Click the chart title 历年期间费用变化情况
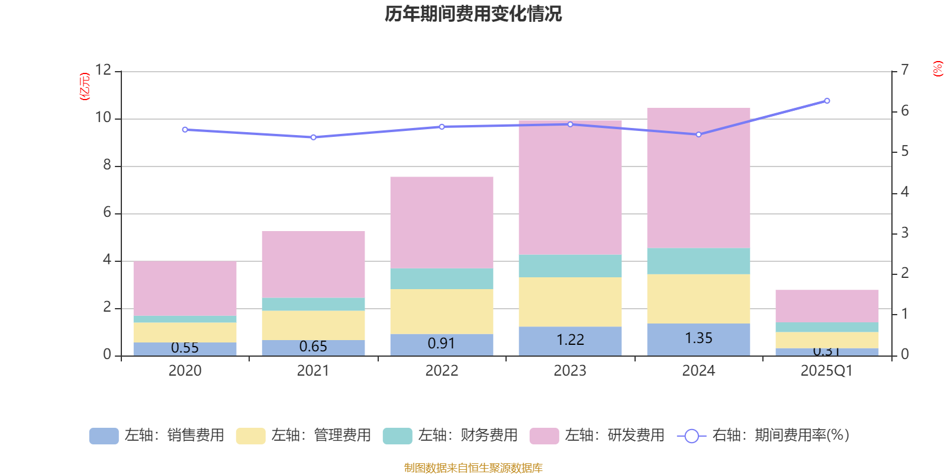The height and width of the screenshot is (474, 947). coord(473,14)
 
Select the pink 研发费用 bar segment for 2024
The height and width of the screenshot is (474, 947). coord(698,178)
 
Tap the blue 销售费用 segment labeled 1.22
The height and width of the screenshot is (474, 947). coord(570,340)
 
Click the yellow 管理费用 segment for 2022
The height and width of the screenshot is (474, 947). coord(442,311)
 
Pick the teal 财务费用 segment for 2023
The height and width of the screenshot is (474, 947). coord(570,266)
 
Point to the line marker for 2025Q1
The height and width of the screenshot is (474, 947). coord(827,101)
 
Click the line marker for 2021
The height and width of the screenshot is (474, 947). coord(313,137)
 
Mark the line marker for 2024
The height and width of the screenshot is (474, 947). coord(698,134)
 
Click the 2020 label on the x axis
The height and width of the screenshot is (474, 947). coord(185,371)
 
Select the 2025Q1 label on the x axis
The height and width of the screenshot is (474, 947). coord(826,371)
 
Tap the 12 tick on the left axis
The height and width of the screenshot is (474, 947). coord(104,70)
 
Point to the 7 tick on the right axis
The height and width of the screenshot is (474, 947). coord(904,70)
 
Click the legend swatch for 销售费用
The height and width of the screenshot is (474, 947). coord(104,436)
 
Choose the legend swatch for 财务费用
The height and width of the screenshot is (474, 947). coord(397,436)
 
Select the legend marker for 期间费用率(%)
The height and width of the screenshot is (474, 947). coord(691,436)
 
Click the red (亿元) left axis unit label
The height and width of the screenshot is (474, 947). coord(85,87)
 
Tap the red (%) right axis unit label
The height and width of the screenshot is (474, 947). coord(938,69)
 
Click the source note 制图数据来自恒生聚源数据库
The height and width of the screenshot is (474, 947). coord(473,468)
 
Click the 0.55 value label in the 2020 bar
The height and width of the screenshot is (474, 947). coord(185,348)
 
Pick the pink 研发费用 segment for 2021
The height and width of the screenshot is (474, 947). coord(313,264)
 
